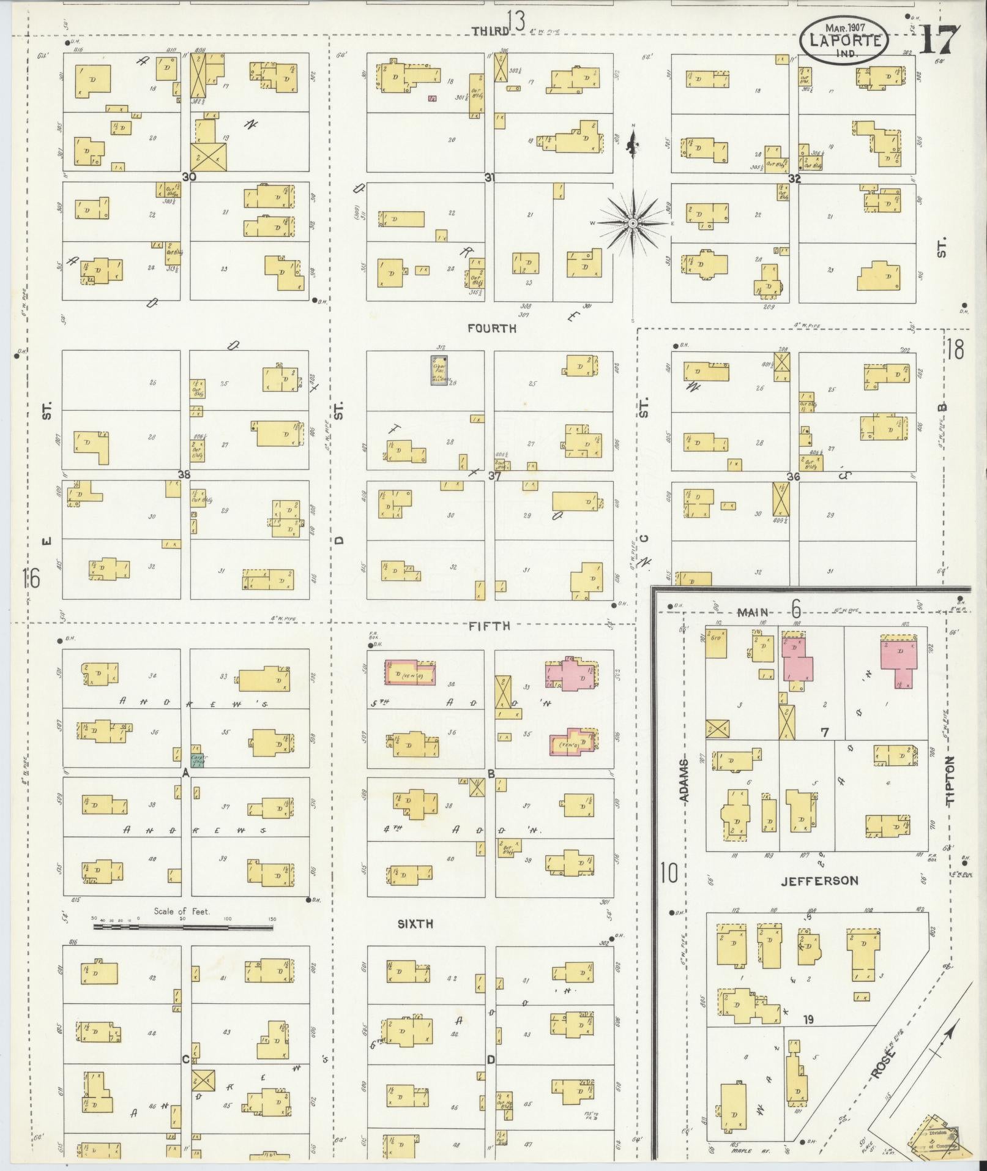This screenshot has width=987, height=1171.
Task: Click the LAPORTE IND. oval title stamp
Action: pyautogui.click(x=843, y=40)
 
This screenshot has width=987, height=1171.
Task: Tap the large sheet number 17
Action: pyautogui.click(x=939, y=40)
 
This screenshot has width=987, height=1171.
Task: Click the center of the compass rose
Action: pyautogui.click(x=632, y=225)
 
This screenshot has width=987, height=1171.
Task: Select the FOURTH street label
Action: pyautogui.click(x=491, y=329)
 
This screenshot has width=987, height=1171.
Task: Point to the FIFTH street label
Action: pyautogui.click(x=489, y=626)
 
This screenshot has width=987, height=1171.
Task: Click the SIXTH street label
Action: pyautogui.click(x=415, y=924)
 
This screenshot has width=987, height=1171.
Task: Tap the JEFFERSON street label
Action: pyautogui.click(x=820, y=881)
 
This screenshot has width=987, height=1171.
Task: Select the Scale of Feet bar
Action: pyautogui.click(x=182, y=928)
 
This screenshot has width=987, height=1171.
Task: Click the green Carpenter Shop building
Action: pyautogui.click(x=197, y=761)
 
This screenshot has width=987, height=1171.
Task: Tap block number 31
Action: pyautogui.click(x=490, y=178)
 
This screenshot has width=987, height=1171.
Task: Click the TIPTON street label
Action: pyautogui.click(x=950, y=780)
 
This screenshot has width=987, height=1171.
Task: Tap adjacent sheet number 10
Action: pyautogui.click(x=669, y=873)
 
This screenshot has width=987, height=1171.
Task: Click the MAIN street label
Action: pyautogui.click(x=756, y=612)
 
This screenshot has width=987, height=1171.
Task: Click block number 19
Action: pyautogui.click(x=809, y=1020)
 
